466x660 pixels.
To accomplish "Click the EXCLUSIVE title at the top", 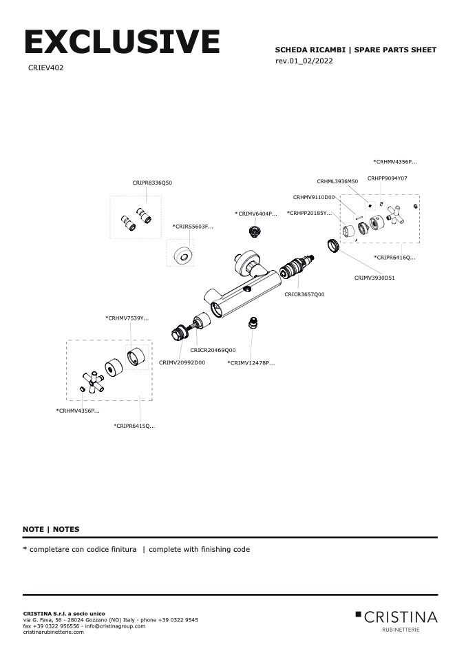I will pos(121,42).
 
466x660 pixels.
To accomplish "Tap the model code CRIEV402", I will pos(46,68).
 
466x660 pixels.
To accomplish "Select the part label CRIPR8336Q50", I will pos(152,183).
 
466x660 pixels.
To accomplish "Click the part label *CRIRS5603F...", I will pos(193,227).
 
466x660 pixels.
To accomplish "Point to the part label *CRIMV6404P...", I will pos(256,214).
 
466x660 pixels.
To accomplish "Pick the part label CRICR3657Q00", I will pos(304,294).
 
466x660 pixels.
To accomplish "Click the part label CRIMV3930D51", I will pos(374,278).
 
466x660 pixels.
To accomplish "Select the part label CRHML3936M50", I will pos(337,181).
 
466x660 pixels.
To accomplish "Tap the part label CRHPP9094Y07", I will pos(388,178).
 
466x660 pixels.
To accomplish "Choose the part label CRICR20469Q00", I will pos(213,350).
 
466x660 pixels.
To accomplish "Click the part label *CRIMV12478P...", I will pos(251,362).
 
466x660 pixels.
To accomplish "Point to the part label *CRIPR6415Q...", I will pos(134,426).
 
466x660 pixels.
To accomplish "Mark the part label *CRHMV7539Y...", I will pos(127,318).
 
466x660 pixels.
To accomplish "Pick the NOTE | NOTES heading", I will pos(51,529).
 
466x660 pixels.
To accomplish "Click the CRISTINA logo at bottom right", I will pos(396,617).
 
